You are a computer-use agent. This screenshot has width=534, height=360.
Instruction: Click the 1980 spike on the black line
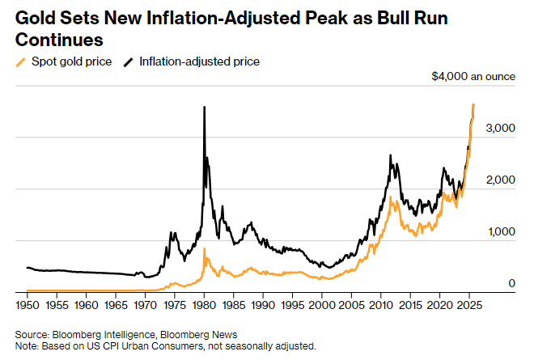coord(204,108)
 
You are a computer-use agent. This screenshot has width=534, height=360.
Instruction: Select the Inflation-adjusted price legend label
coord(199,61)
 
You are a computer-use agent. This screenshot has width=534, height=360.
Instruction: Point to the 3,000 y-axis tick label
coord(500,128)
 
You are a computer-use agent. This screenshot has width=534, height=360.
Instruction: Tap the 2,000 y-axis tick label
coord(500,180)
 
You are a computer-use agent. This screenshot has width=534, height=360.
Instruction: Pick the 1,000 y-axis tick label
coord(500,231)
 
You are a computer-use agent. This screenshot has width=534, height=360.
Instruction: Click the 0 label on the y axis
coord(511,283)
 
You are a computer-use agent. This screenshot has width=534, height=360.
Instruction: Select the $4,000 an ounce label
coord(473,77)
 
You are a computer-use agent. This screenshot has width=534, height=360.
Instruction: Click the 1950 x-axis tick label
coord(28,306)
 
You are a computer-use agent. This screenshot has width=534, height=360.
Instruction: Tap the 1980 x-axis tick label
coord(205,306)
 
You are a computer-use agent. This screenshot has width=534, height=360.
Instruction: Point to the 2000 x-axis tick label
coord(323,306)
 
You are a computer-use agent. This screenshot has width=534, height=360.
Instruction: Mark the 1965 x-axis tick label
coord(117,306)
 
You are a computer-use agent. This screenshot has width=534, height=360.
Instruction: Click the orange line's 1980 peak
coord(205,248)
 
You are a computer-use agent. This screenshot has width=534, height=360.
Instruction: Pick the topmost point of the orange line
coord(473,104)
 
